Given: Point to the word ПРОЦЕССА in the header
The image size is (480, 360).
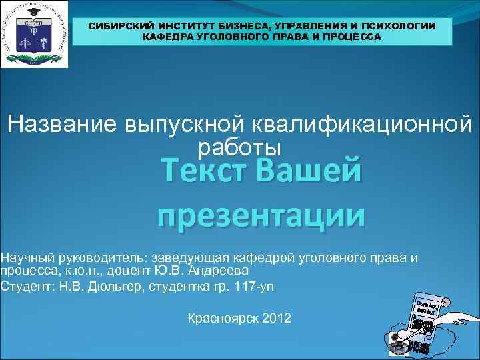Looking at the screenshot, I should coord(354,37).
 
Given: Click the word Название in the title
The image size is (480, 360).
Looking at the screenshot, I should coord(61,125).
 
